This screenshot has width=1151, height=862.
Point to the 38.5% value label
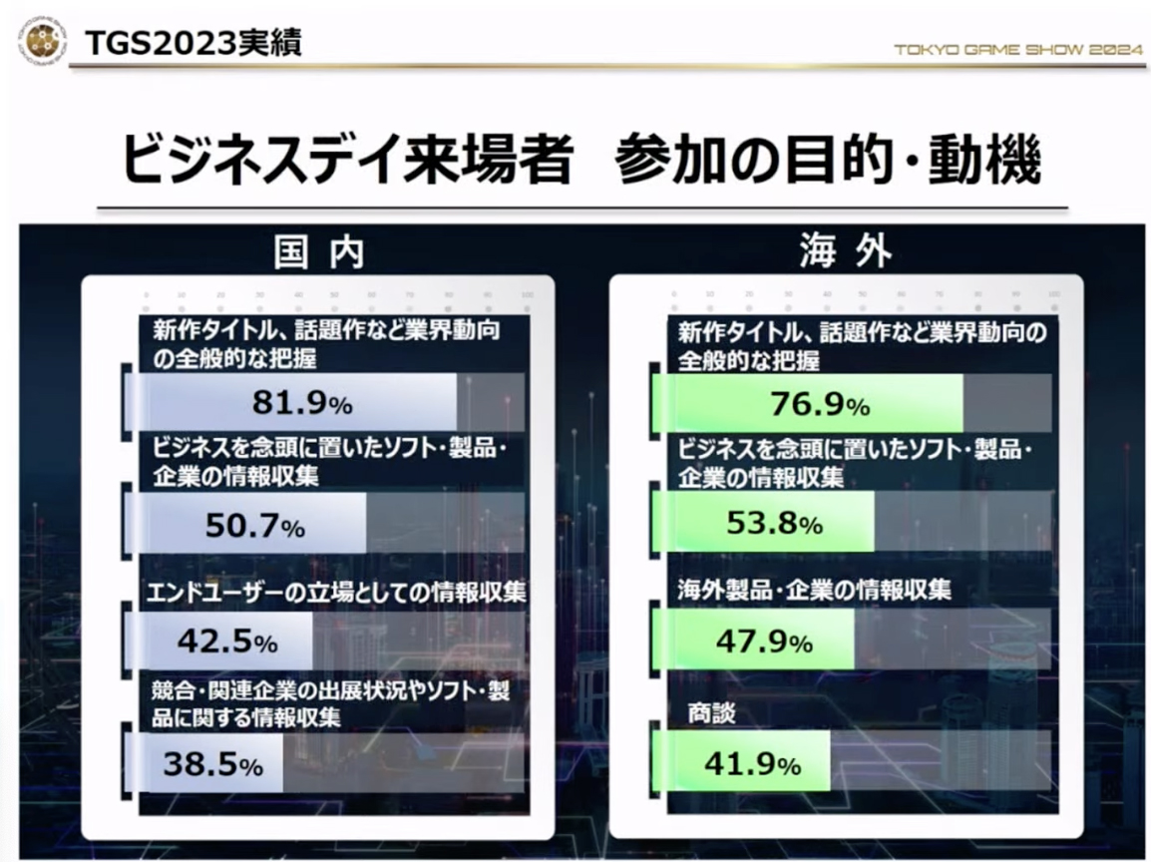[212, 765]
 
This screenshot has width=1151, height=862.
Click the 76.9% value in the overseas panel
[820, 404]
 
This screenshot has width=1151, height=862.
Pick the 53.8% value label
[774, 524]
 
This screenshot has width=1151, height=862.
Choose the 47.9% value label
[764, 643]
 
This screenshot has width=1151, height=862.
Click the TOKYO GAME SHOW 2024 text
[1017, 49]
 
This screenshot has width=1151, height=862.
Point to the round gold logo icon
[42, 42]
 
